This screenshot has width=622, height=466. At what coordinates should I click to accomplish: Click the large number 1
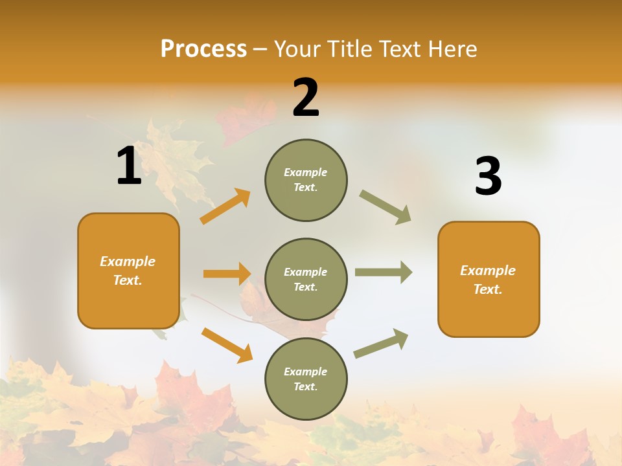click(129, 166)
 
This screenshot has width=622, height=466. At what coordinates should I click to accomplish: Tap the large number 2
click(306, 98)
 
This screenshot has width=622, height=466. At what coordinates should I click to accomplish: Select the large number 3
click(488, 177)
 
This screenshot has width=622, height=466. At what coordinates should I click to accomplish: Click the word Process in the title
click(203, 49)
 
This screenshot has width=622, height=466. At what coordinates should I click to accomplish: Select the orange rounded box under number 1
click(128, 271)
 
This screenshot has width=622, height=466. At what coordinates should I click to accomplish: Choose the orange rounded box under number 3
click(489, 279)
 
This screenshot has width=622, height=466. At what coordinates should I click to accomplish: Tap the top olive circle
click(306, 180)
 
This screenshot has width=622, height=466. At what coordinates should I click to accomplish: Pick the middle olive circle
click(306, 280)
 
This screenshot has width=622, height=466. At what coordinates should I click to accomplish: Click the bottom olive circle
click(306, 379)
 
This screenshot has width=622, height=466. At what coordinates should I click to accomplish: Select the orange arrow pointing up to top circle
click(225, 206)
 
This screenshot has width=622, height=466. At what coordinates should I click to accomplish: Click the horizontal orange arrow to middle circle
click(227, 274)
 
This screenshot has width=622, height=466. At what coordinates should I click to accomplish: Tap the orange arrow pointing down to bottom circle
click(227, 345)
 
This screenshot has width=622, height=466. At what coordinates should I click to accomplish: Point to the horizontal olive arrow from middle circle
click(383, 272)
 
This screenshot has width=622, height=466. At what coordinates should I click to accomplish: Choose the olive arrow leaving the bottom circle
click(381, 343)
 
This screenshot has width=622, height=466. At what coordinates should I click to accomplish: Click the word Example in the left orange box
click(128, 261)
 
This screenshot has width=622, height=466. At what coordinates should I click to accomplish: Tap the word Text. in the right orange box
click(488, 289)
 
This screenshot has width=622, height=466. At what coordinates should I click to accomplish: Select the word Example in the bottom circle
click(305, 372)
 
